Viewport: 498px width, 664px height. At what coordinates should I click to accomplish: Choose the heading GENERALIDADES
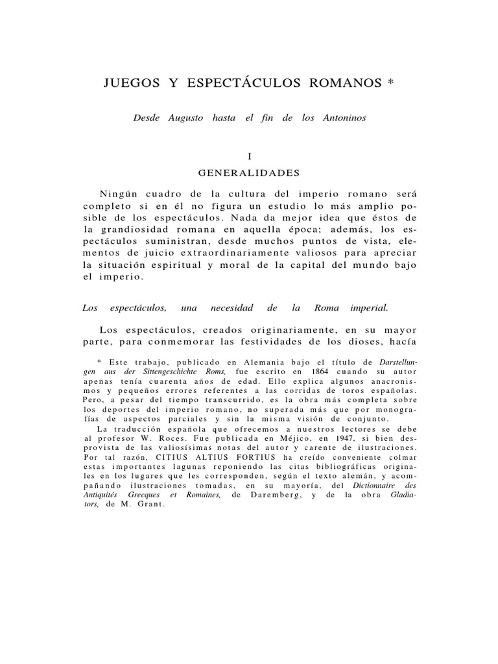tap(248, 174)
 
